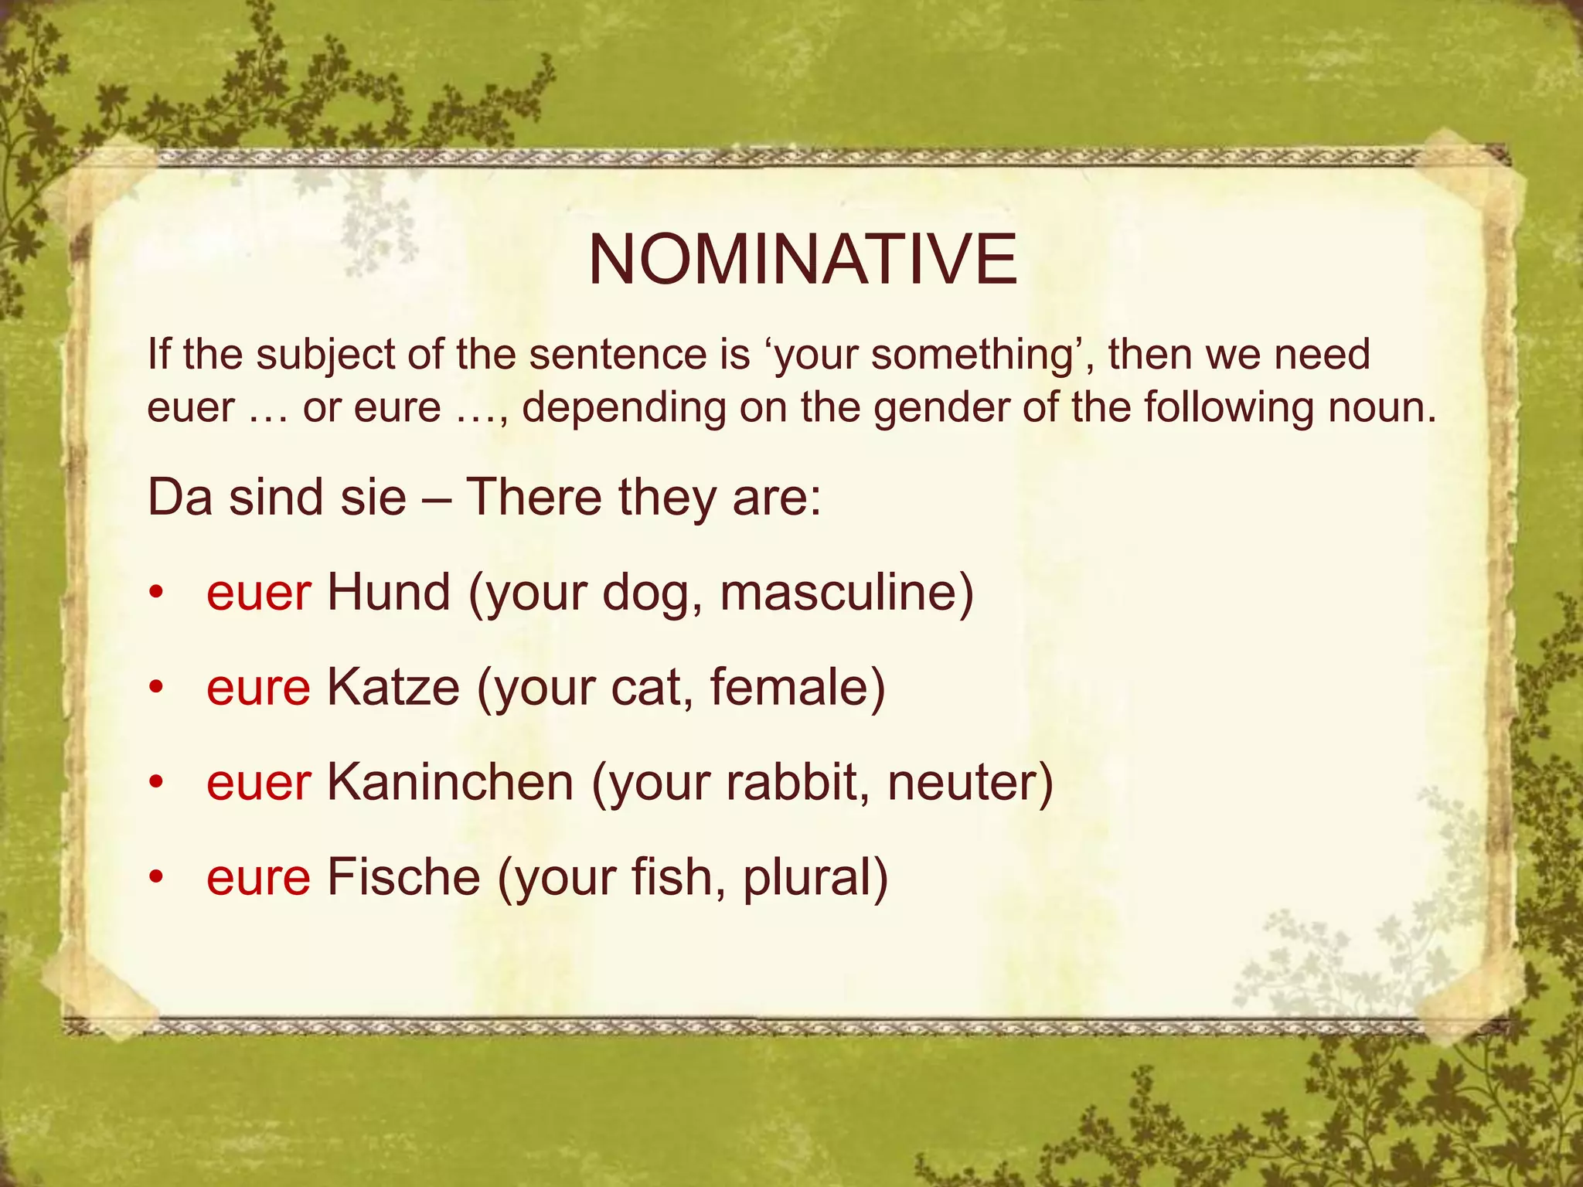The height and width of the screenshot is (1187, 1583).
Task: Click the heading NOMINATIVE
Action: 802,260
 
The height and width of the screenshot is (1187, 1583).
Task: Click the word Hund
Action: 388,593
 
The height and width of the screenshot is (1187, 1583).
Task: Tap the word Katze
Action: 393,688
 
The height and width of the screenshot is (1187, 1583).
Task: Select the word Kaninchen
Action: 450,782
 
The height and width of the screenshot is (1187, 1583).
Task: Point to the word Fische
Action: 403,877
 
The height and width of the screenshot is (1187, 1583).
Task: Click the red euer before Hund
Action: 259,593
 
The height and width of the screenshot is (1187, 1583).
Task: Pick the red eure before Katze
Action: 258,688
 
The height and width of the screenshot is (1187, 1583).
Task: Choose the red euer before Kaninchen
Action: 259,782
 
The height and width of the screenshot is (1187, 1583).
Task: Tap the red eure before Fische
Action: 258,877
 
